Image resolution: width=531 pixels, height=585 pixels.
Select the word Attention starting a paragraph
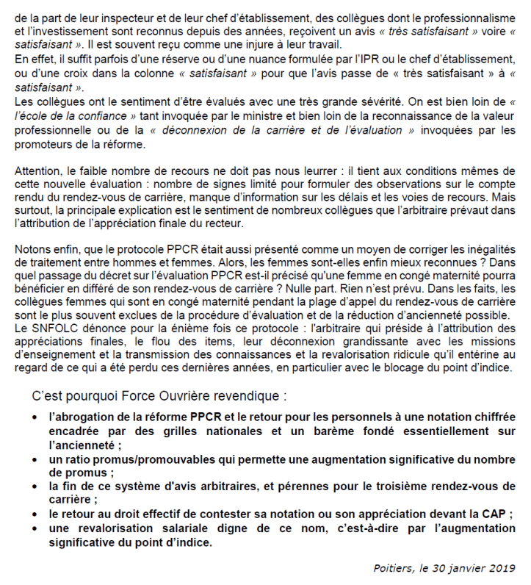point(37,170)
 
